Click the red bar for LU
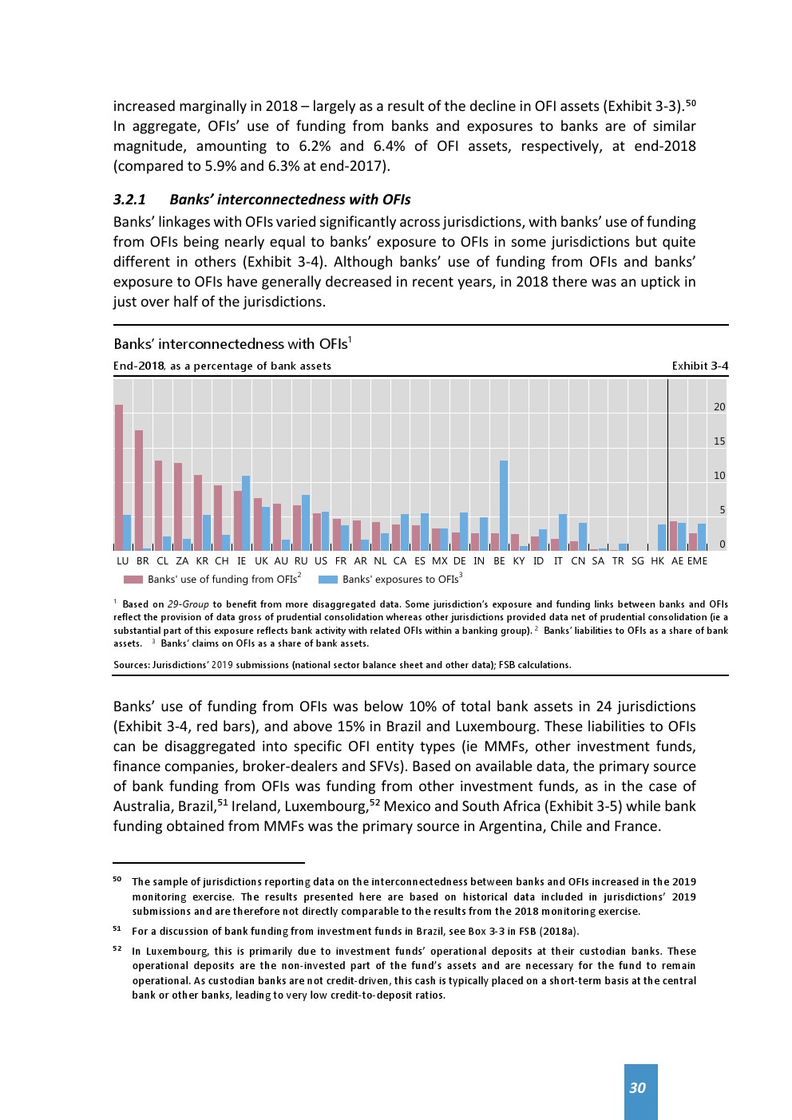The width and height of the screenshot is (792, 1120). [119, 477]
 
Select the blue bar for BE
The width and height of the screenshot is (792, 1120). [504, 505]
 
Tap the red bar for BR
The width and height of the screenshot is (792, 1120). [139, 490]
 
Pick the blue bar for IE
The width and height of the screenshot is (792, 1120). [246, 513]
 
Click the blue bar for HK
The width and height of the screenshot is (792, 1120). [662, 537]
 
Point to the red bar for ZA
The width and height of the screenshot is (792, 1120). [178, 506]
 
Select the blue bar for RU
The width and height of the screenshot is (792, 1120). [306, 522]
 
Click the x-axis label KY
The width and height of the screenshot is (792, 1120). [519, 561]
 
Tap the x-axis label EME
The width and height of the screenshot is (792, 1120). [697, 561]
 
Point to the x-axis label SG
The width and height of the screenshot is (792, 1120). [637, 561]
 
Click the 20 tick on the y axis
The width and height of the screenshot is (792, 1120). [719, 407]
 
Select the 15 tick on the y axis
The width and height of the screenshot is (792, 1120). [719, 441]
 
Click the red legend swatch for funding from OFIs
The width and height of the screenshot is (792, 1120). [133, 580]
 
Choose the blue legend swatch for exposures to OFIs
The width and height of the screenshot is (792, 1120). [328, 580]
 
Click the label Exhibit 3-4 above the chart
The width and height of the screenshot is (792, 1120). [699, 366]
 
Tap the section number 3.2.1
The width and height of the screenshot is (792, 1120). [129, 200]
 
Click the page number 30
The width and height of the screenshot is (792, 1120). [637, 1088]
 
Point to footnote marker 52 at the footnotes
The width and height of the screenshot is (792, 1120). [117, 949]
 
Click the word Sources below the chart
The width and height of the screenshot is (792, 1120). [131, 665]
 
